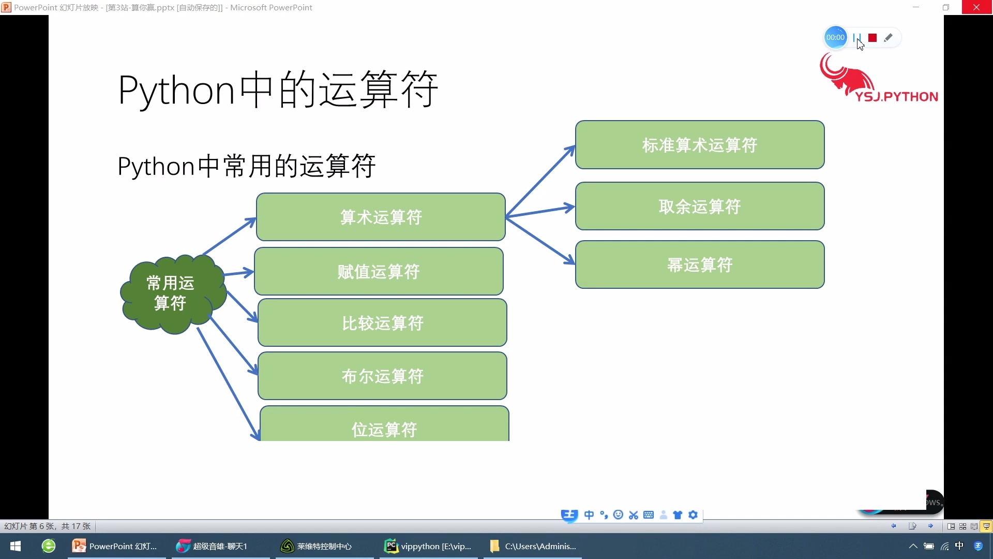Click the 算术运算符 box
click(x=381, y=217)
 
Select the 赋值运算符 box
click(x=379, y=271)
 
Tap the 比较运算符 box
click(x=382, y=322)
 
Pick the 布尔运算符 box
click(x=382, y=376)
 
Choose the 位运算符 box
click(x=384, y=427)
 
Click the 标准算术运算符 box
click(x=700, y=145)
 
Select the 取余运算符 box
click(x=700, y=206)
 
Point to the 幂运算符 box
click(x=700, y=264)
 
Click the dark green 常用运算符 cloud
click(x=171, y=293)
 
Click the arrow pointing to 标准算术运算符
click(x=540, y=181)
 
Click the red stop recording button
click(x=872, y=38)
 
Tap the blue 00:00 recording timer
click(x=835, y=37)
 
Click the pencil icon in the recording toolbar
click(x=888, y=38)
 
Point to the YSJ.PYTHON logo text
click(x=896, y=97)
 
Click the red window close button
click(x=976, y=7)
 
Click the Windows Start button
click(x=16, y=546)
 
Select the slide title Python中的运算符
click(x=278, y=90)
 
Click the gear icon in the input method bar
click(x=693, y=514)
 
